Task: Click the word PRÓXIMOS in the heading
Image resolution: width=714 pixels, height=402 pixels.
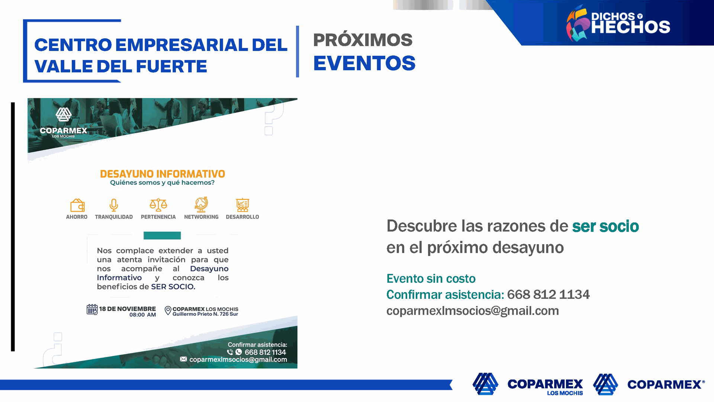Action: tap(363, 39)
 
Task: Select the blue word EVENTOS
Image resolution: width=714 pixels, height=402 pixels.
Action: tap(364, 63)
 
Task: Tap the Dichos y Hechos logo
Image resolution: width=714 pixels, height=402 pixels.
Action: tap(618, 23)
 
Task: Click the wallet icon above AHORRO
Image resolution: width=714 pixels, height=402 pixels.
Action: tap(77, 205)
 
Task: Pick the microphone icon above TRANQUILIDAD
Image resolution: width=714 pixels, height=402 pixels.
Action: tap(114, 205)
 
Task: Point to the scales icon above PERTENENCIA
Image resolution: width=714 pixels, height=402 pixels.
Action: tap(158, 205)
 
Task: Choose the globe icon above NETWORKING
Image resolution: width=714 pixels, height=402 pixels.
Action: tap(201, 204)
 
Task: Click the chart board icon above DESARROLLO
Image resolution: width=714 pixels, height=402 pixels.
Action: tap(242, 205)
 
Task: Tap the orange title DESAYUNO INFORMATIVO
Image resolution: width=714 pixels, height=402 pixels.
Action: tap(163, 174)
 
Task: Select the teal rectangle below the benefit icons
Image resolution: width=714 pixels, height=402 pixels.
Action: tap(162, 235)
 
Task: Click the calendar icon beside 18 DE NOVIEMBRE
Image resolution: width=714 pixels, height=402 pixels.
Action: tap(92, 309)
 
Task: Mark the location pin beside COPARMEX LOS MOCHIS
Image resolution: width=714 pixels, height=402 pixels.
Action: tap(168, 310)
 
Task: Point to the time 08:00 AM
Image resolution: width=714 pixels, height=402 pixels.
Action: tap(142, 315)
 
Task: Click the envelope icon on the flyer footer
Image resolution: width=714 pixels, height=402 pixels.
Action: tap(183, 359)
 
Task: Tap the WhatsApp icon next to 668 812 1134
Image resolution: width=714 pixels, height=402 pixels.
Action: tap(239, 352)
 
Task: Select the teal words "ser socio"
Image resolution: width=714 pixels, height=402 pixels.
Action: tap(605, 226)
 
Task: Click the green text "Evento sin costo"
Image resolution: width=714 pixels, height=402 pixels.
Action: tap(431, 278)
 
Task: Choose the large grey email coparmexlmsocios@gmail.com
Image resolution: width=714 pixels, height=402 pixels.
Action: tap(473, 311)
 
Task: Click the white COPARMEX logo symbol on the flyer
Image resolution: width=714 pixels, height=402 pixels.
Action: tap(64, 114)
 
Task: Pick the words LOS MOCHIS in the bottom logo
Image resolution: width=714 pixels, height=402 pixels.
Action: tap(565, 393)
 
